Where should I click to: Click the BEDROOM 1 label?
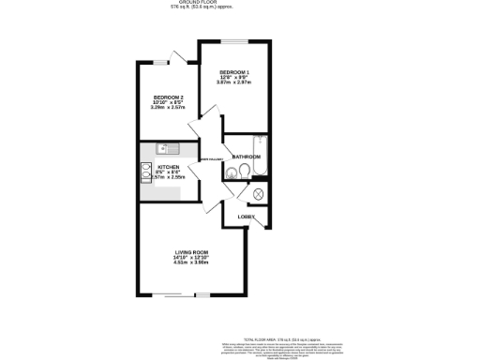click(x=232, y=71)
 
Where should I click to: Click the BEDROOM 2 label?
click(x=170, y=97)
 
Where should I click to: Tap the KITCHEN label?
click(x=169, y=167)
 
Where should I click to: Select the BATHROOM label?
click(x=246, y=156)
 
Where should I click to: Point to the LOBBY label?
click(x=246, y=217)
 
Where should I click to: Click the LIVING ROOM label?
click(x=190, y=252)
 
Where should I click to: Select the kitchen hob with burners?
click(x=146, y=171)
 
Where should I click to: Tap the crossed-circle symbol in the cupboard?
click(x=259, y=194)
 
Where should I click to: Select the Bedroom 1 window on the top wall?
click(x=234, y=40)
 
